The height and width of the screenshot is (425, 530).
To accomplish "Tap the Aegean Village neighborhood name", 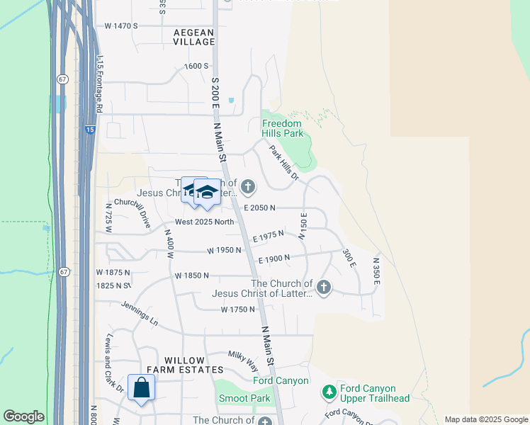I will point(193,37).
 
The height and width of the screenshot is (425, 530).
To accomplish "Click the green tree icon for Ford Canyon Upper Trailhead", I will point(328,392).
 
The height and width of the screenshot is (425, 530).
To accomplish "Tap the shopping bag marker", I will point(142,387).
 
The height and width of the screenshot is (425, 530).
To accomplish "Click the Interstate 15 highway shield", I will point(89,130).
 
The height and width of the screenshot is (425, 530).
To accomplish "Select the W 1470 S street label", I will point(120,25).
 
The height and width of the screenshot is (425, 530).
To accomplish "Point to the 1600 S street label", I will point(196,66).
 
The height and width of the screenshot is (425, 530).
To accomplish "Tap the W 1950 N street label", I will point(224,250).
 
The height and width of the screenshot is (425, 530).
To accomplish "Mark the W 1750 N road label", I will point(237,310).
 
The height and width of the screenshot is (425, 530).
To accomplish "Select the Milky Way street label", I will point(242,360).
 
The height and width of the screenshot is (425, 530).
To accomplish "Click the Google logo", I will point(23,416).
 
